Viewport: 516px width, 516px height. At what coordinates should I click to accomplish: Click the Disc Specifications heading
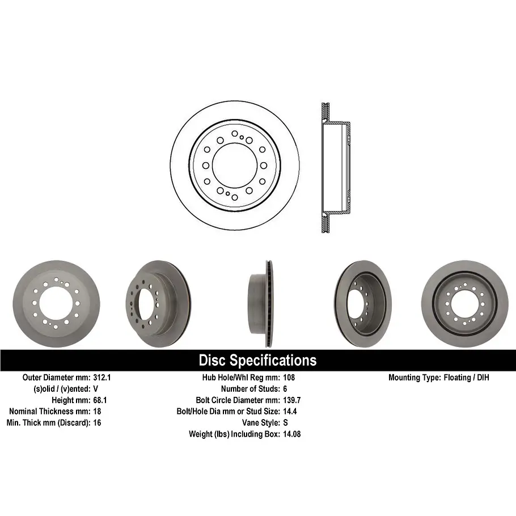[257, 360]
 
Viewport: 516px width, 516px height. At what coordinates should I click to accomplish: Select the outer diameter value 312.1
[102, 378]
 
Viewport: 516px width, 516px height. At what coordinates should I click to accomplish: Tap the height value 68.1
[100, 400]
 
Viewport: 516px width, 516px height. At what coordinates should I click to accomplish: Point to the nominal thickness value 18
[97, 411]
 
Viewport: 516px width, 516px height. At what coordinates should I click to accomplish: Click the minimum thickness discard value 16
[97, 422]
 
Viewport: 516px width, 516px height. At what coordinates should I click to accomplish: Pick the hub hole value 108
[289, 378]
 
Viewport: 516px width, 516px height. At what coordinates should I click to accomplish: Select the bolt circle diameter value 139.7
[292, 400]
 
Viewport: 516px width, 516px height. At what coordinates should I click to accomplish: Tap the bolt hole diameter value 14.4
[290, 411]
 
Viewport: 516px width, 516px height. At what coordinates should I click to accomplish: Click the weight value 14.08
[292, 434]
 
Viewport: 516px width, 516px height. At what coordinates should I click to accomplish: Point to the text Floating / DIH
[466, 378]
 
